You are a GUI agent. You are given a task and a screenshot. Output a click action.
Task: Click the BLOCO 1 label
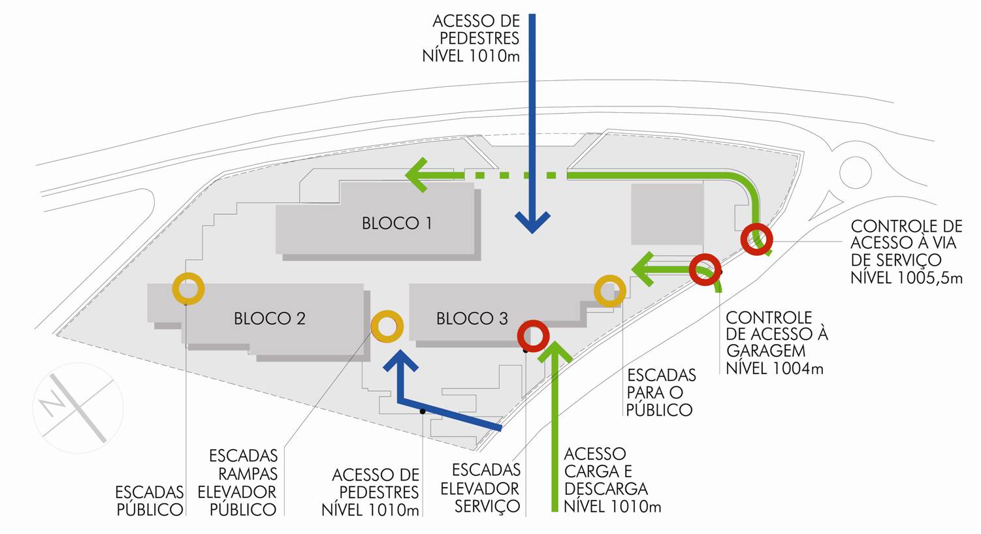pyautogui.click(x=396, y=223)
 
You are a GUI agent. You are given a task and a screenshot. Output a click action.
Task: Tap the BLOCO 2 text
pyautogui.click(x=270, y=319)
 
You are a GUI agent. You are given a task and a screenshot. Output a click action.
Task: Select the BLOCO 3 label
pyautogui.click(x=472, y=319)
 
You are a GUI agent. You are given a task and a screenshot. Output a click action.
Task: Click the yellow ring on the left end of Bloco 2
pyautogui.click(x=188, y=289)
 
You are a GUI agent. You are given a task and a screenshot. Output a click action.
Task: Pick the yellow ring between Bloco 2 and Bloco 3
pyautogui.click(x=387, y=326)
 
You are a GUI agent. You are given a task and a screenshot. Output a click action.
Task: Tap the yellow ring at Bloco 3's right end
pyautogui.click(x=610, y=291)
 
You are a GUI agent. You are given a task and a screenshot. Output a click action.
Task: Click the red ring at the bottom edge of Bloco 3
pyautogui.click(x=533, y=336)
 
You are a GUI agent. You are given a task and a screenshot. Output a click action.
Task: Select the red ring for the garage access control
pyautogui.click(x=705, y=269)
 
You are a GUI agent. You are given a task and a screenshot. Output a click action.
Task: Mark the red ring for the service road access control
pyautogui.click(x=757, y=239)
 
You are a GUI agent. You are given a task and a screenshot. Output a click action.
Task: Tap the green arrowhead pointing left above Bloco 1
pyautogui.click(x=417, y=175)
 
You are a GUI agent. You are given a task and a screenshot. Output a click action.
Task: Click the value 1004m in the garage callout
pyautogui.click(x=797, y=369)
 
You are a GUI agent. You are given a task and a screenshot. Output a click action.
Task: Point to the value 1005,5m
pyautogui.click(x=930, y=278)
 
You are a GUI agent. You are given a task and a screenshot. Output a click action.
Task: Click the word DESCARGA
pyautogui.click(x=605, y=489)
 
